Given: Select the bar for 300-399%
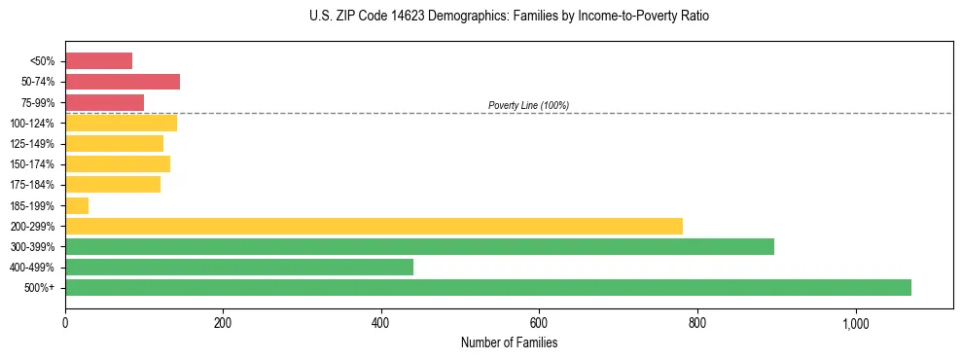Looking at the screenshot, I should click(419, 246).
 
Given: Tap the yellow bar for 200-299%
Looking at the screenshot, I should click(374, 226).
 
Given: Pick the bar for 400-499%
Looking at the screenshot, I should click(239, 267).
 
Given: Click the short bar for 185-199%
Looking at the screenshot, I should click(77, 205).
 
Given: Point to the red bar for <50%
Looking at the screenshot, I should click(98, 61).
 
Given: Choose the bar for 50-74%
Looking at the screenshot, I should click(123, 82).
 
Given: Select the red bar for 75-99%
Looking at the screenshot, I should click(104, 102).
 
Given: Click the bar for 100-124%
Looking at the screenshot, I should click(121, 123).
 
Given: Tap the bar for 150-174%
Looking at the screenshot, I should click(118, 163).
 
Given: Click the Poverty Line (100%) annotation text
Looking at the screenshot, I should click(528, 105).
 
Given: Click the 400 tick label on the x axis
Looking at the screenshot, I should click(381, 323).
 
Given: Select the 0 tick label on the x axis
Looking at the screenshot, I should click(65, 323).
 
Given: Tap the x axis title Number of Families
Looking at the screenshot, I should click(509, 342).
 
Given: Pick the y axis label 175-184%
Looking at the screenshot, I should click(32, 185).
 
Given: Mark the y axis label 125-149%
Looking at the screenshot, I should click(32, 144).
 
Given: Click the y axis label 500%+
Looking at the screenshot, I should click(39, 288).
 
